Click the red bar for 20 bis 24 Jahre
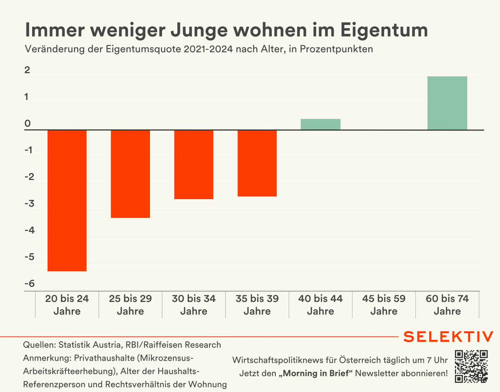coord(67,200)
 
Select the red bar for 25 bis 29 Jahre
coord(130,174)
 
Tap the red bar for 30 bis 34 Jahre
coord(194,165)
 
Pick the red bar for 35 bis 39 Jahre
coord(257,163)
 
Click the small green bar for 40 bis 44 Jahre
coord(320,125)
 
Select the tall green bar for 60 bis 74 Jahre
coord(447,103)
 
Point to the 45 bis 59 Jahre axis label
coord(384,305)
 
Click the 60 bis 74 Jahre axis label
coord(447,305)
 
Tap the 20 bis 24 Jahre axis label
coord(67,305)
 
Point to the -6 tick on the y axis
coord(28,284)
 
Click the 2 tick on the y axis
coord(27,70)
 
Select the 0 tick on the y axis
coord(27,124)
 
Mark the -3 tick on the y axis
coord(28,204)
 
